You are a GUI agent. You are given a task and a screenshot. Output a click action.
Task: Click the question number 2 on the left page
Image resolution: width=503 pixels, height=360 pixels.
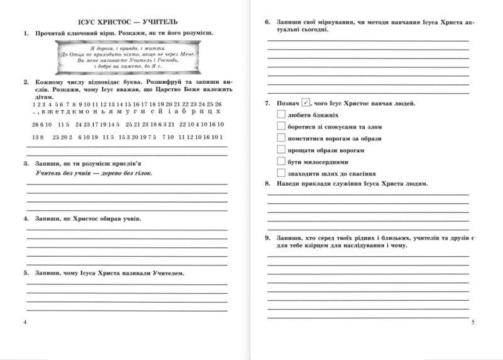24,82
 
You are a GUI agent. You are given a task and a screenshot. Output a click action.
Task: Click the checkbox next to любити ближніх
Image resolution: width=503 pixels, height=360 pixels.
280,115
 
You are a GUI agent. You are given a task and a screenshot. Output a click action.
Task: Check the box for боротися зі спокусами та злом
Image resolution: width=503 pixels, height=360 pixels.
280,127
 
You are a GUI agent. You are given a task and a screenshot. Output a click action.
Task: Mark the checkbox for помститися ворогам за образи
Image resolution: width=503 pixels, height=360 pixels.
280,138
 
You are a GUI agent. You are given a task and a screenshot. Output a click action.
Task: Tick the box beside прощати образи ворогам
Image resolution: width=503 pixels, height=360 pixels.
280,150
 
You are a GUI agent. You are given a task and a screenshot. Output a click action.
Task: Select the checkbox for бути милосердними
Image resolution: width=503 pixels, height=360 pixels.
280,161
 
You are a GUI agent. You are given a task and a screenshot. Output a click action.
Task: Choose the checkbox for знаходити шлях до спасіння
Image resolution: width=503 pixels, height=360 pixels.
280,172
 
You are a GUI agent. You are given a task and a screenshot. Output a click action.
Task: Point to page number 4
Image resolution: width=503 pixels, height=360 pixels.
24,322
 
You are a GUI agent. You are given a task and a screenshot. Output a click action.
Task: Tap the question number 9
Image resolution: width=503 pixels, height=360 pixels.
267,239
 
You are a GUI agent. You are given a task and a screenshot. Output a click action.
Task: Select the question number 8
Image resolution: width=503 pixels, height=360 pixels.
267,184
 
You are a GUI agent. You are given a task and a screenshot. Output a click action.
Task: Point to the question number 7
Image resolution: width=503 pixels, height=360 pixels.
267,103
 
